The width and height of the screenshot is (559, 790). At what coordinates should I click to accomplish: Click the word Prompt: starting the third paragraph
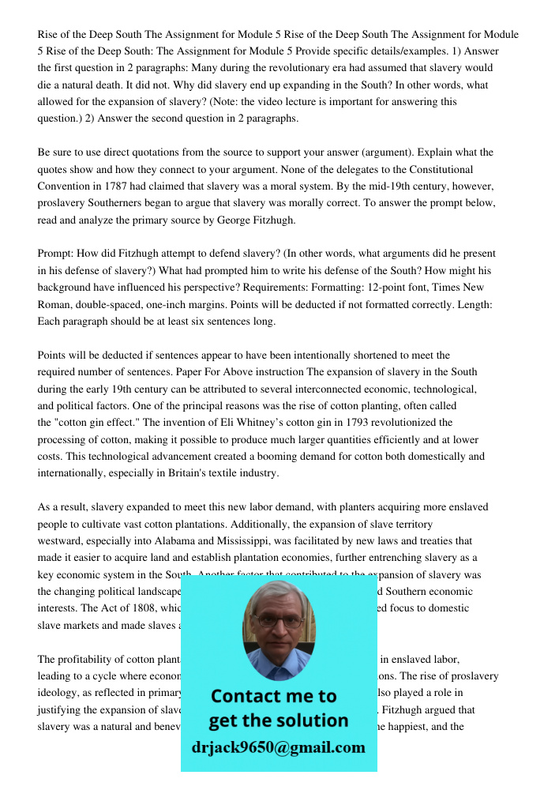pyautogui.click(x=56, y=254)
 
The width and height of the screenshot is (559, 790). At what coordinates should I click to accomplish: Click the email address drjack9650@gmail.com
pyautogui.click(x=279, y=747)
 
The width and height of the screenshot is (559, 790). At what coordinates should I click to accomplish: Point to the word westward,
pyautogui.click(x=63, y=541)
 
